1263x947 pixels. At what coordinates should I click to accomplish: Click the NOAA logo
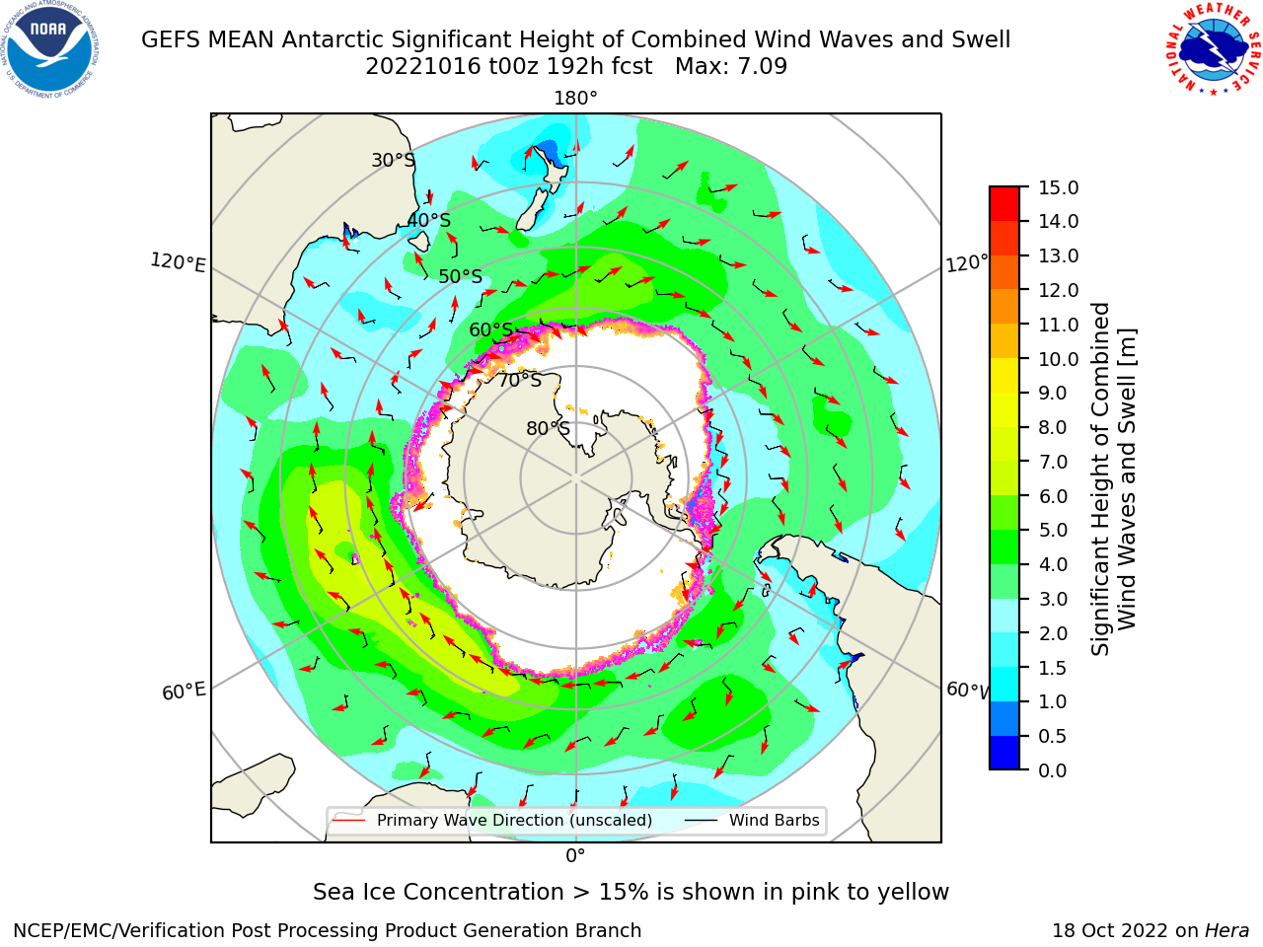(x=49, y=49)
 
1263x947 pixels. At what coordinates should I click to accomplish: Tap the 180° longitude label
(x=575, y=99)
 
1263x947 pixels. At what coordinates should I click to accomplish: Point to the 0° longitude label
(x=575, y=856)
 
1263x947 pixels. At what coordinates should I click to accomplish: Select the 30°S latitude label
(x=393, y=160)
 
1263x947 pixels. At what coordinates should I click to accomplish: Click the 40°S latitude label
(x=429, y=220)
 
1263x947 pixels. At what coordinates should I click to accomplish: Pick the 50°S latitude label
(x=461, y=276)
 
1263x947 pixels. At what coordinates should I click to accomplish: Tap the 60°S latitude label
(x=490, y=329)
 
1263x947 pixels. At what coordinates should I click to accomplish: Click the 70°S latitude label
(x=520, y=380)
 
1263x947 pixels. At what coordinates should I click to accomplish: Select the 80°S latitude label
(x=548, y=428)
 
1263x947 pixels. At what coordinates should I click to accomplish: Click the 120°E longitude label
(x=178, y=262)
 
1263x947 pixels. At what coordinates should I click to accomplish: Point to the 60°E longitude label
(x=184, y=692)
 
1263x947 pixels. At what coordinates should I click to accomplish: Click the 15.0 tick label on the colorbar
(x=1058, y=188)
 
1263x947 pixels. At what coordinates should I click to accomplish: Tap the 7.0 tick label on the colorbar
(x=1053, y=463)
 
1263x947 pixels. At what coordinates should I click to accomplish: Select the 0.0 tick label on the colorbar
(x=1053, y=770)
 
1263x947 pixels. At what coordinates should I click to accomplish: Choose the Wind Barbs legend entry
(x=752, y=821)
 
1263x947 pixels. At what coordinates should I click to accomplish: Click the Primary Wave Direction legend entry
(x=492, y=821)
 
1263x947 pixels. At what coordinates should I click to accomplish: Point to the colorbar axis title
(x=1113, y=479)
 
